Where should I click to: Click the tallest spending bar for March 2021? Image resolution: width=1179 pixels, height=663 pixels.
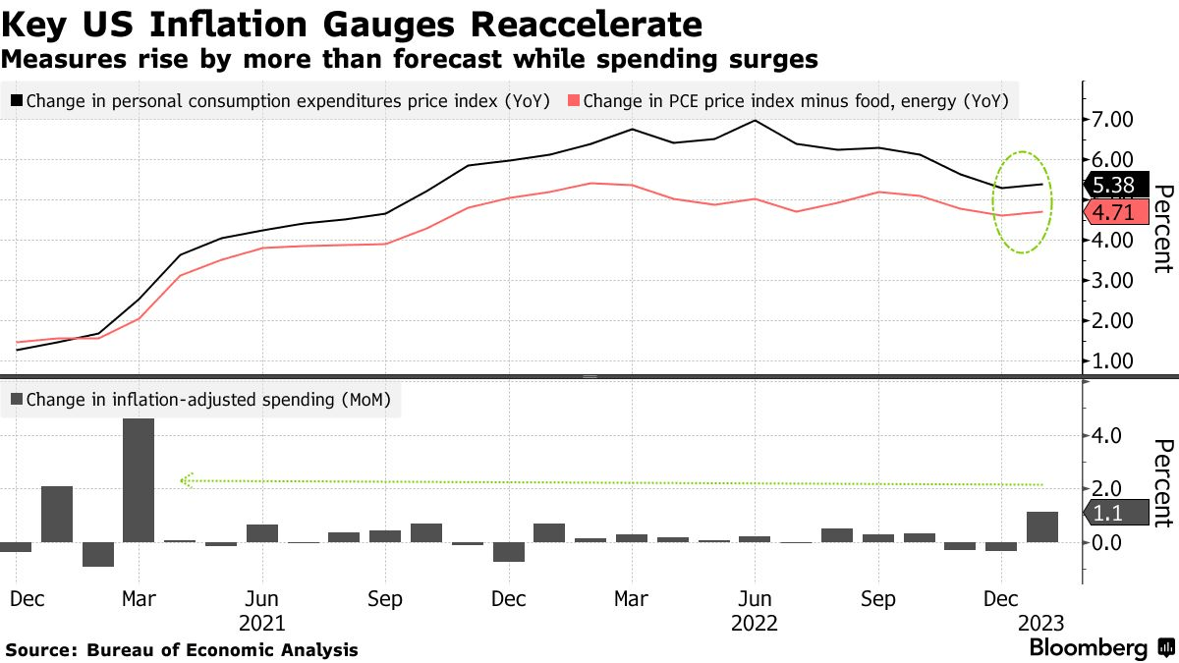coord(139,480)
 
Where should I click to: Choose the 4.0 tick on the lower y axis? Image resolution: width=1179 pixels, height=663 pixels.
coord(1115,435)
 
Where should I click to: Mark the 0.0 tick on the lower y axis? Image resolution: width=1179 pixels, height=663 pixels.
coord(1115,542)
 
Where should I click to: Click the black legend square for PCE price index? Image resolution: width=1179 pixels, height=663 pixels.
coord(16,100)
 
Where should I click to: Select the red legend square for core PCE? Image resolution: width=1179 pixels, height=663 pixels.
coord(573,100)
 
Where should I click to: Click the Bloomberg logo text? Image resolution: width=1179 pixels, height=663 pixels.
coord(1088,647)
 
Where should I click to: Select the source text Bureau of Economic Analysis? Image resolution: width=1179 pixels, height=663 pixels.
coord(222,649)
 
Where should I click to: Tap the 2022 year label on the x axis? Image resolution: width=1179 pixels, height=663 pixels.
coord(754,624)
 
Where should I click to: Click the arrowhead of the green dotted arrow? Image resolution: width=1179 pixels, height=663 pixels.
coord(185,480)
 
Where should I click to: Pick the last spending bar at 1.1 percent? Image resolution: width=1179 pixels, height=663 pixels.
coord(1041,526)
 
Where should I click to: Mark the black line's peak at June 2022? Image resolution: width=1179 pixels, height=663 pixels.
coord(755,120)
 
